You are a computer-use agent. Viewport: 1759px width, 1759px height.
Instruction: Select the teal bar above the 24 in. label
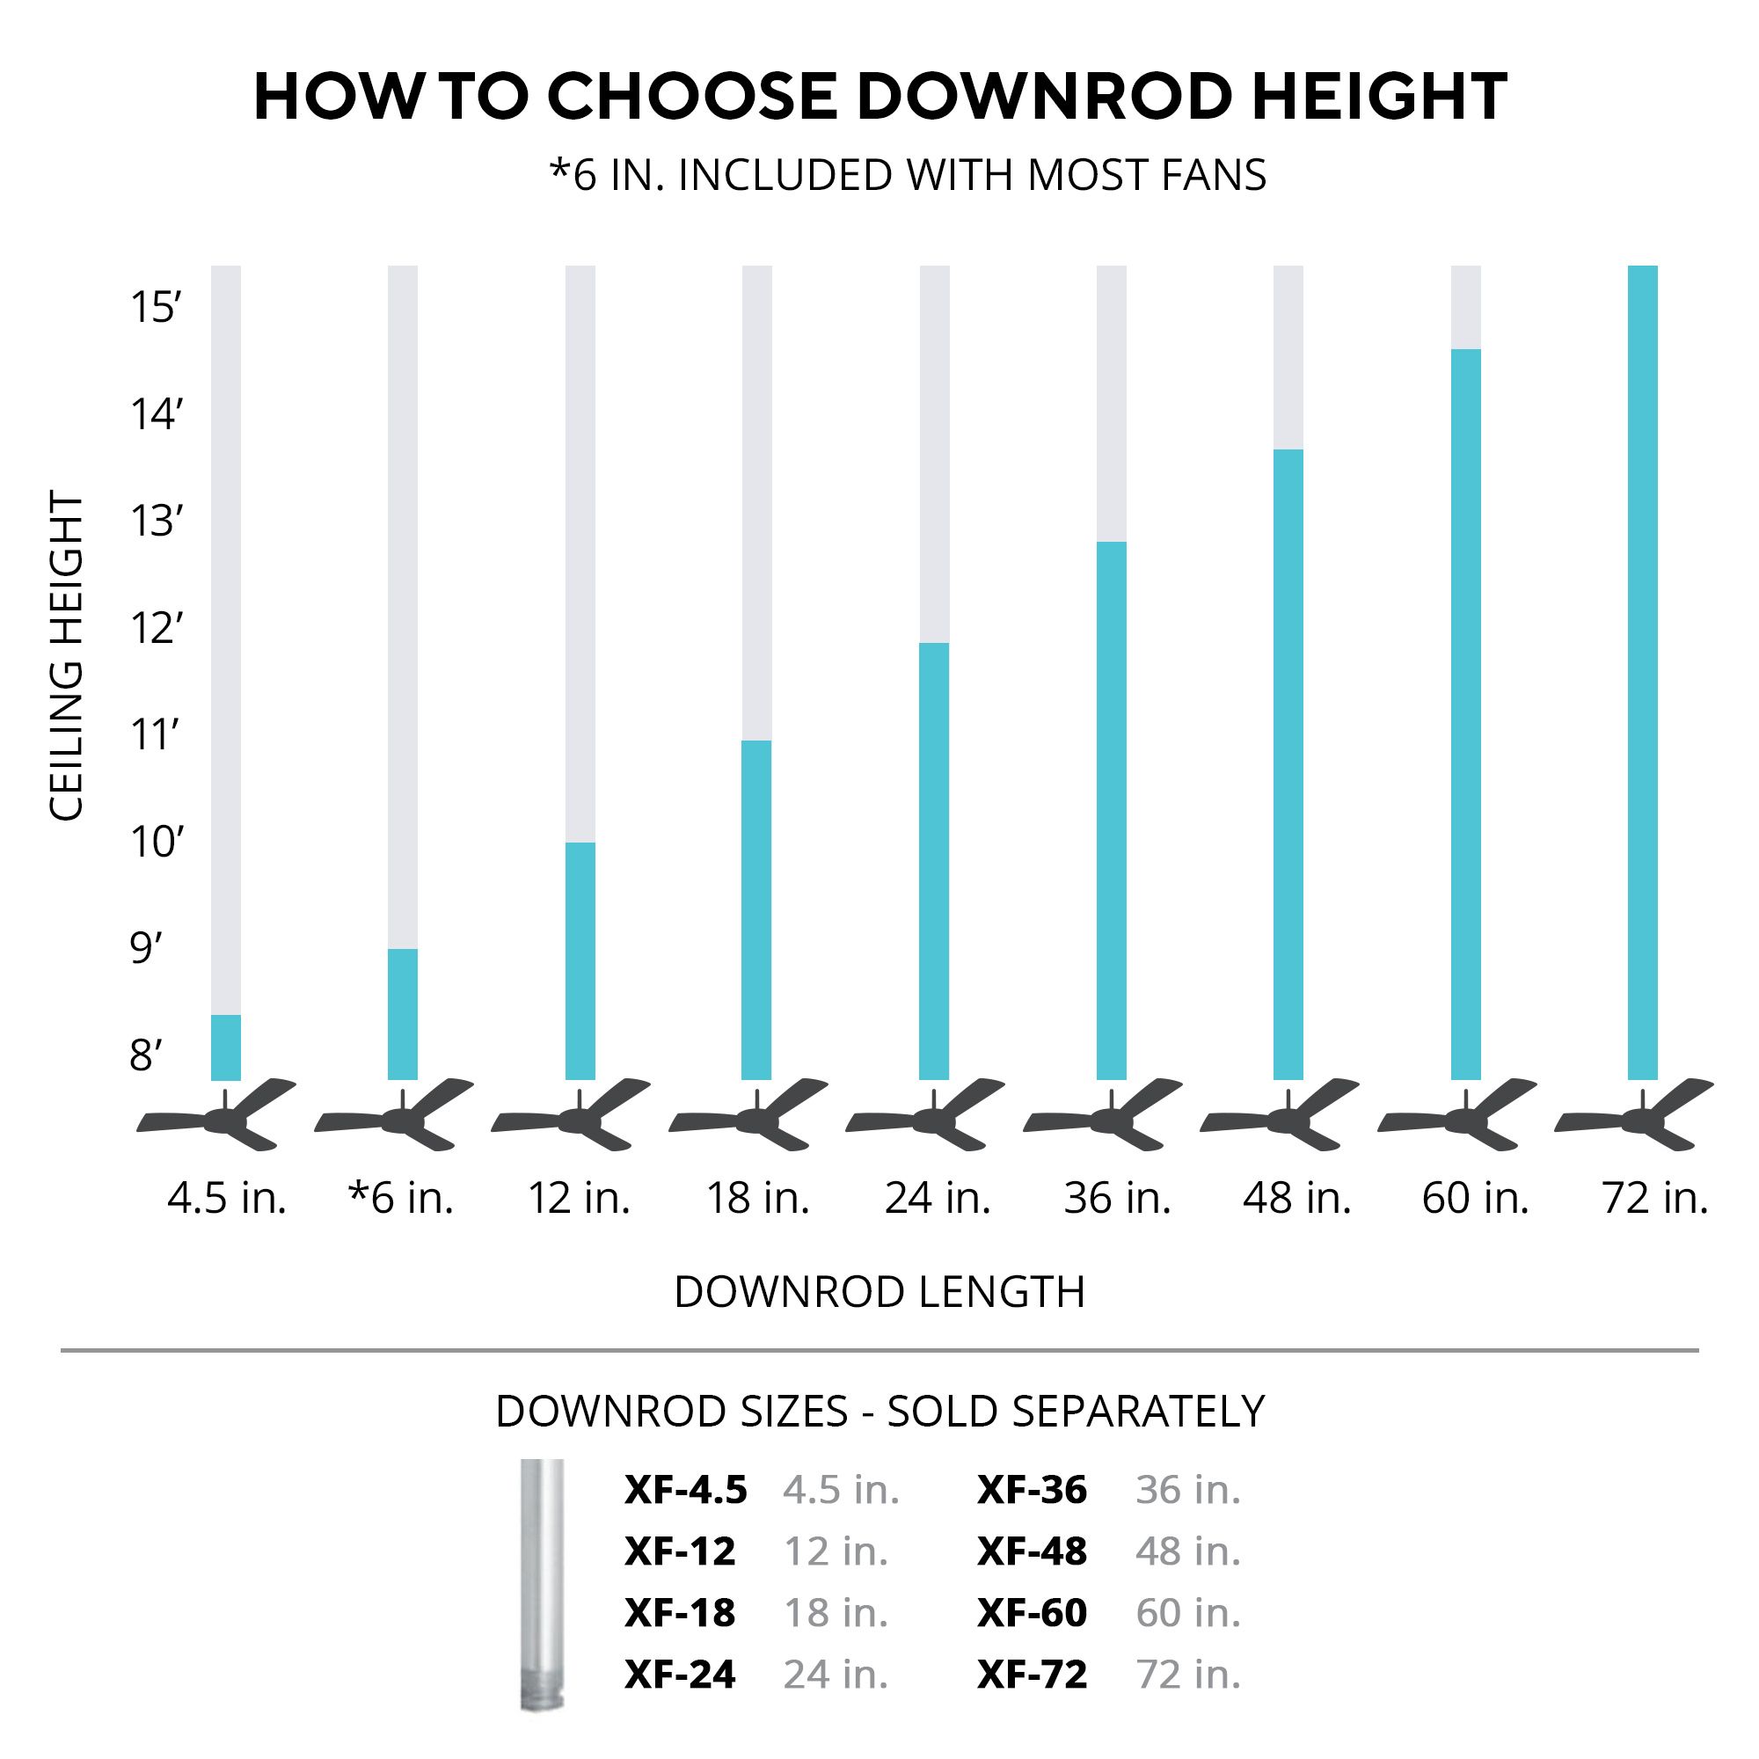(934, 860)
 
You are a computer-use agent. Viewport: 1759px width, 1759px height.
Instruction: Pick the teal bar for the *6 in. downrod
(403, 1014)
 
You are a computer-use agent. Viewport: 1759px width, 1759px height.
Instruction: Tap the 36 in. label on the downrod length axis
(1117, 1198)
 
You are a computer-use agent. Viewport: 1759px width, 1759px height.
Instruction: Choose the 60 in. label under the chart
(1475, 1198)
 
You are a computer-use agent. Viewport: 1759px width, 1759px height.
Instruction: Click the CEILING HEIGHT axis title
(66, 655)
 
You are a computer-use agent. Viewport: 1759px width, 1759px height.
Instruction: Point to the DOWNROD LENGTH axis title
(879, 1292)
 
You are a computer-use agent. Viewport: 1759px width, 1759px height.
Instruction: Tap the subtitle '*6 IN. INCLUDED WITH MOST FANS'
(908, 176)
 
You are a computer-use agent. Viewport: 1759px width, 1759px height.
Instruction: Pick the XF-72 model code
(1032, 1675)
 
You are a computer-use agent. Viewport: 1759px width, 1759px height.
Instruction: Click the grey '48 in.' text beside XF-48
(1188, 1551)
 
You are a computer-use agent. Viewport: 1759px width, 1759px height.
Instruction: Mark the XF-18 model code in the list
(679, 1613)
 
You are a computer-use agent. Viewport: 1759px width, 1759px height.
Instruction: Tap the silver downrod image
(542, 1584)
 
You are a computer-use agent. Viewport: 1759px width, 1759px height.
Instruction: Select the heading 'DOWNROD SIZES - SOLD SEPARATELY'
(879, 1412)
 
